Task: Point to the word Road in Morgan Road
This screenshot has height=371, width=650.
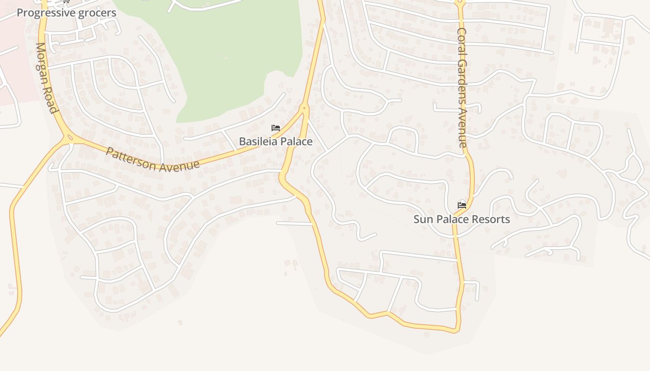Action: click(52, 101)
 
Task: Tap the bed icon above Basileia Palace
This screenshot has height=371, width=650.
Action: click(276, 128)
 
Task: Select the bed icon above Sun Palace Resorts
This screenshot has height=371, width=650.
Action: click(461, 205)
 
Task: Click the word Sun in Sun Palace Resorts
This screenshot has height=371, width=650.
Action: click(423, 219)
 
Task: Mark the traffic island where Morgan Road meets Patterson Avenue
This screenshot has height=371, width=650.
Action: click(70, 137)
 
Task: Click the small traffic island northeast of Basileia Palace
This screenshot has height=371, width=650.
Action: click(305, 108)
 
